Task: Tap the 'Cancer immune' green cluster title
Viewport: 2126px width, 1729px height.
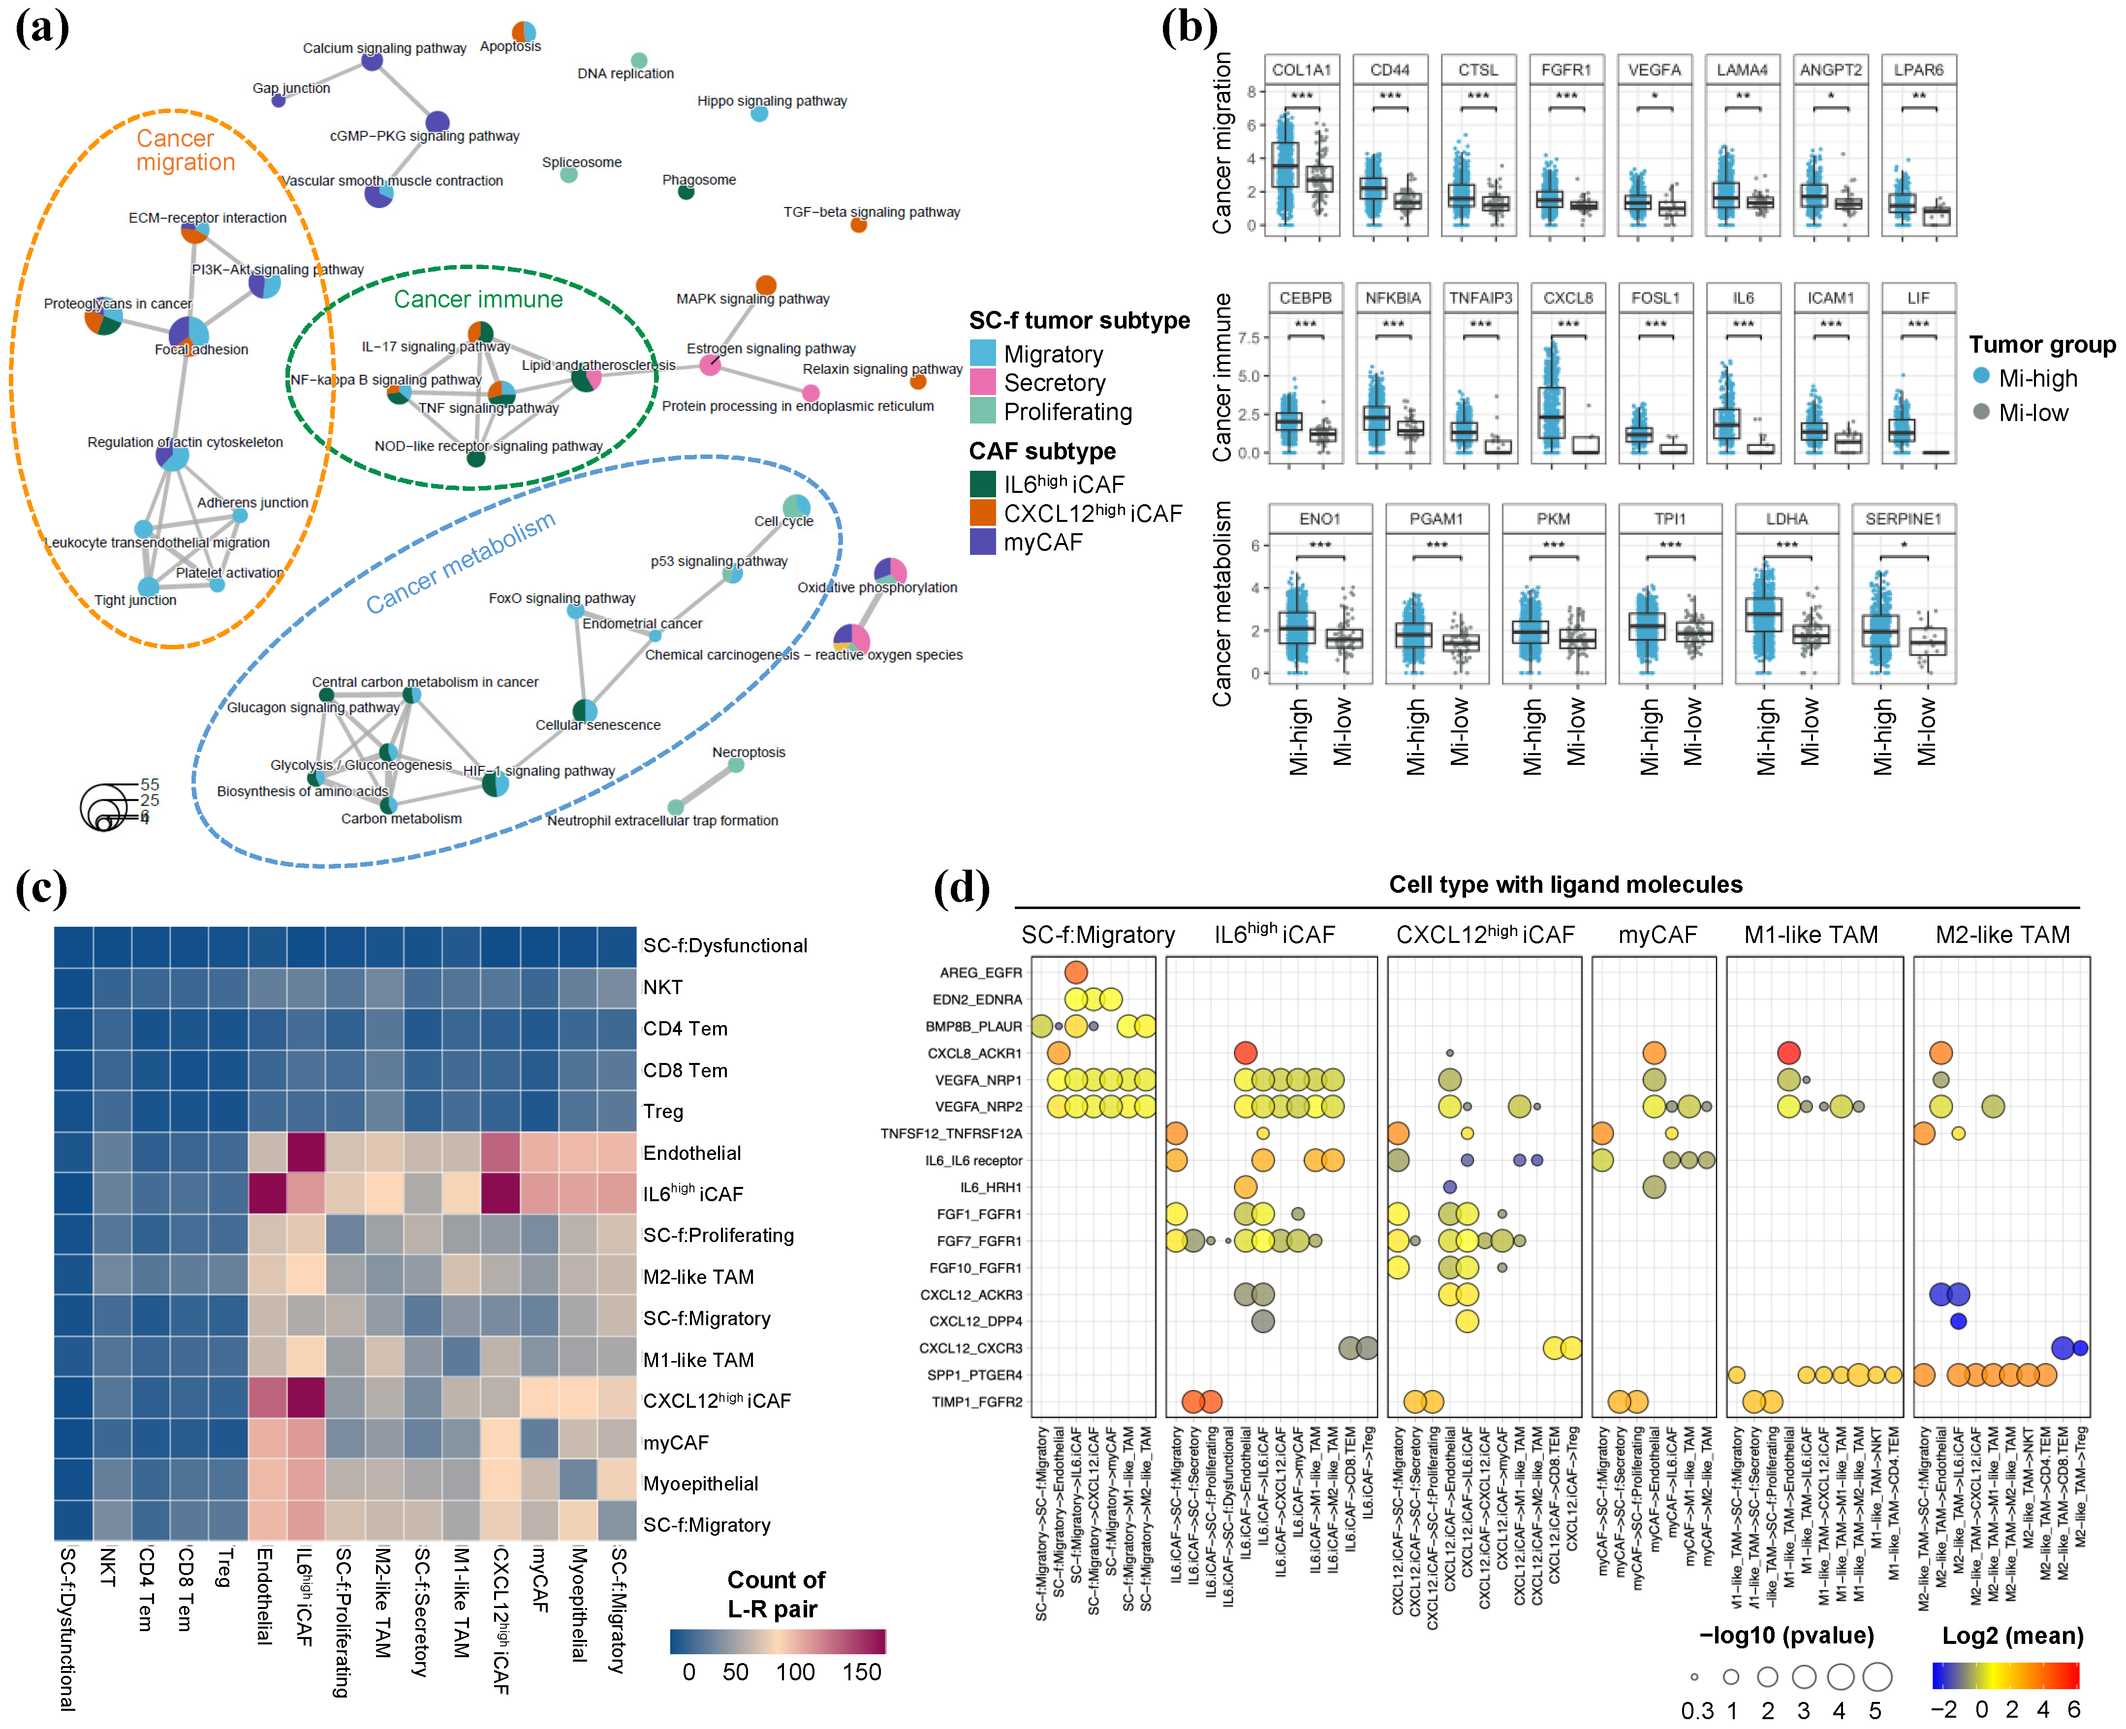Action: point(478,299)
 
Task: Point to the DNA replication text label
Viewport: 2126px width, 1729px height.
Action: point(625,74)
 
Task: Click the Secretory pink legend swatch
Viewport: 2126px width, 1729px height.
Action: point(982,383)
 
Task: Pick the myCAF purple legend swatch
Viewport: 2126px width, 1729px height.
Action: point(982,542)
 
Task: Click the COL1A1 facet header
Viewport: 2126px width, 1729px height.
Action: point(1301,70)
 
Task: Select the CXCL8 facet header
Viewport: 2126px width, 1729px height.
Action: point(1568,298)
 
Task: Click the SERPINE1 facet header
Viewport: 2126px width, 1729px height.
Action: point(1903,519)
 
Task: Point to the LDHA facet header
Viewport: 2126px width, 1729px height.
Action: point(1786,519)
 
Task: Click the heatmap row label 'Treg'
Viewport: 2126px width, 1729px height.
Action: point(663,1112)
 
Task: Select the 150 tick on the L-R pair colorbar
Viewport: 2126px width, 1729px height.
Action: point(862,1672)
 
